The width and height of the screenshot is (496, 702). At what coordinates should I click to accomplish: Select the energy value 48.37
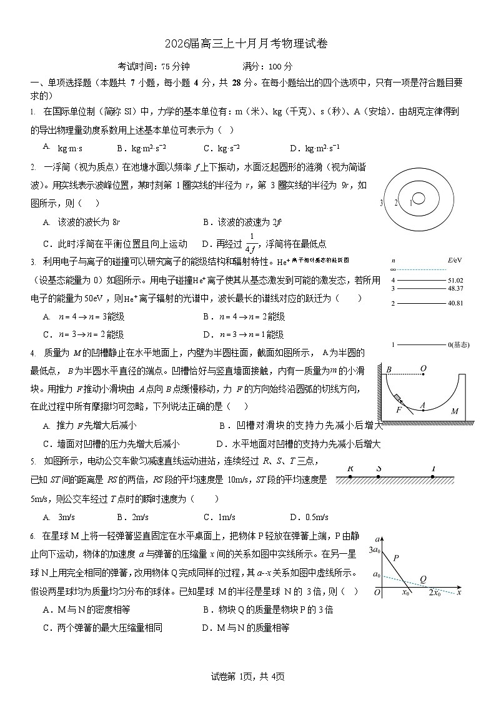(x=455, y=288)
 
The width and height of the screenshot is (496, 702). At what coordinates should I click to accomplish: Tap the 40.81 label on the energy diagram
(x=455, y=303)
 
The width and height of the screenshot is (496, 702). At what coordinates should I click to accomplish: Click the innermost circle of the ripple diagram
(x=419, y=198)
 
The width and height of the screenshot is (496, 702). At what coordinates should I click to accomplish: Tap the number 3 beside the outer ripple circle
(x=381, y=203)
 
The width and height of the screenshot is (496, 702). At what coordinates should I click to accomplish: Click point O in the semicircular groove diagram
(x=424, y=369)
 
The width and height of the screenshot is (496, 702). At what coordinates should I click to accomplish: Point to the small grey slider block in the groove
(x=397, y=398)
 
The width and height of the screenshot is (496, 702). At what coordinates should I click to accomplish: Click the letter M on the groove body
(x=454, y=411)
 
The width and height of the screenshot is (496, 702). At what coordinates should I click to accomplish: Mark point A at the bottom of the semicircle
(x=423, y=405)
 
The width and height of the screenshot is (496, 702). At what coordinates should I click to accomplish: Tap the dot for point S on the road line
(x=379, y=476)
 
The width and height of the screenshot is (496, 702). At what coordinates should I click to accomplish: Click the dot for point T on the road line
(x=433, y=476)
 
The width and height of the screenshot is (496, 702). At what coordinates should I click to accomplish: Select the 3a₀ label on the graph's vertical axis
(x=375, y=550)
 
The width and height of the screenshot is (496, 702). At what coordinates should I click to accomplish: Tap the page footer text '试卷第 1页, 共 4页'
(x=248, y=676)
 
